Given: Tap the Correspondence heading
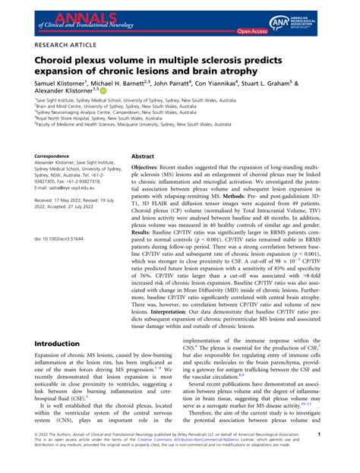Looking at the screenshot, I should (x=56, y=156).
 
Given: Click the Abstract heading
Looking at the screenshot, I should (x=144, y=155).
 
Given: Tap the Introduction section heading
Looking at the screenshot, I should (x=62, y=344).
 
